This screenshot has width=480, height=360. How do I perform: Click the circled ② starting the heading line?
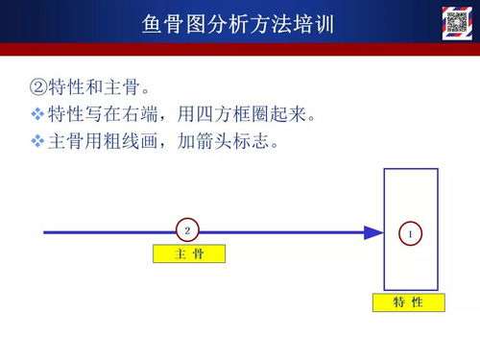pyautogui.click(x=38, y=90)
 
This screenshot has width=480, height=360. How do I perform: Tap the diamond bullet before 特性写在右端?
pyautogui.click(x=37, y=116)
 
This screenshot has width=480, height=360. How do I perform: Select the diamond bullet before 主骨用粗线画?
pyautogui.click(x=37, y=142)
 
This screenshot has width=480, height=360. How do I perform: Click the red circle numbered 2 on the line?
pyautogui.click(x=188, y=230)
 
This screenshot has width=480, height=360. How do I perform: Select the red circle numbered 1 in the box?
pyautogui.click(x=411, y=233)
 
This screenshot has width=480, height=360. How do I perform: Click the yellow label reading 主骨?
pyautogui.click(x=188, y=253)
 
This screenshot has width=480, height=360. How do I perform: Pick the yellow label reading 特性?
pyautogui.click(x=409, y=302)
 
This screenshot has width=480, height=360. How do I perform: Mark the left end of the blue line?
pyautogui.click(x=45, y=231)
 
